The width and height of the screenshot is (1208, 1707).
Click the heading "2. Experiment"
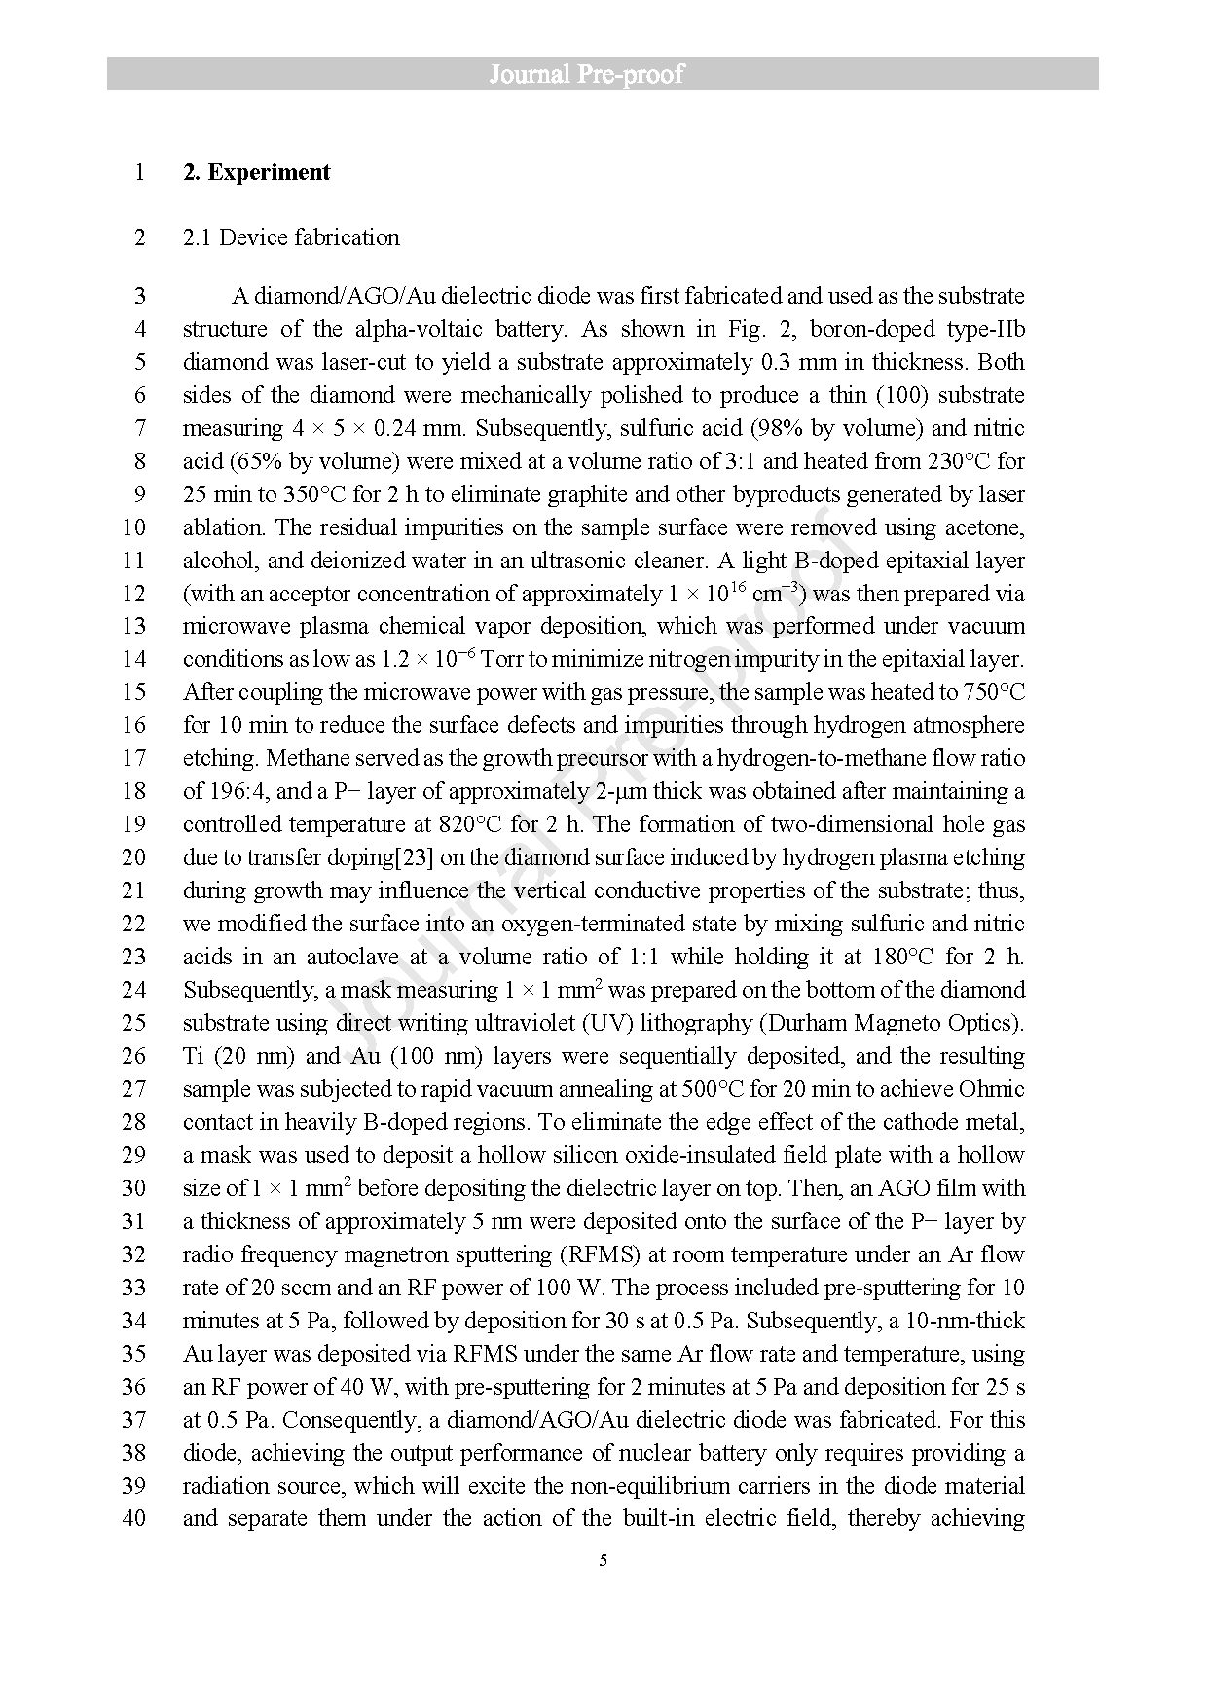257,173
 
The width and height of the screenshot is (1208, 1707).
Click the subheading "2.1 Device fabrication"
291,237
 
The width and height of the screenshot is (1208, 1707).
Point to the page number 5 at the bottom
604,1560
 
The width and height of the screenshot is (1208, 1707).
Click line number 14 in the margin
134,659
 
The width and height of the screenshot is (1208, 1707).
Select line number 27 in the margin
134,1089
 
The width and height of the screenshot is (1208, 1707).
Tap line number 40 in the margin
134,1518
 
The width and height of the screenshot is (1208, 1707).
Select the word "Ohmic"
992,1089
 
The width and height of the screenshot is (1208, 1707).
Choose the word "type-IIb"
985,329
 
